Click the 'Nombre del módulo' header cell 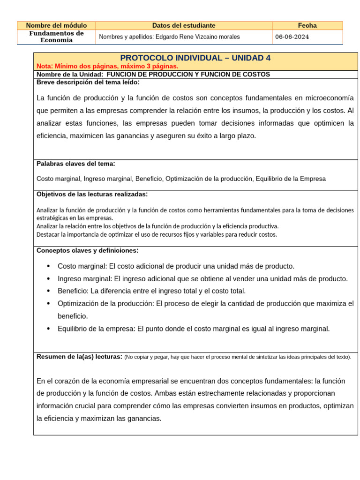click(x=56, y=25)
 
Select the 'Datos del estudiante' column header click(x=184, y=25)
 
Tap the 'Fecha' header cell click(x=307, y=25)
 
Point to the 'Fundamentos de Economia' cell click(x=56, y=37)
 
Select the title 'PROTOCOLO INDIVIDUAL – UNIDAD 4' click(x=195, y=58)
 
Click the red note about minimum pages click(x=107, y=66)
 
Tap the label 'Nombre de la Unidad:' click(x=70, y=74)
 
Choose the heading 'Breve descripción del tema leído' click(x=88, y=82)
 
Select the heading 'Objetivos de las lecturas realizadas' click(x=92, y=194)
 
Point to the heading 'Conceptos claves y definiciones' click(x=87, y=250)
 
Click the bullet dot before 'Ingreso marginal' click(x=49, y=279)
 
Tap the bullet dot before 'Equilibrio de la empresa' click(x=49, y=329)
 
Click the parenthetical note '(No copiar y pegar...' click(x=238, y=357)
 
